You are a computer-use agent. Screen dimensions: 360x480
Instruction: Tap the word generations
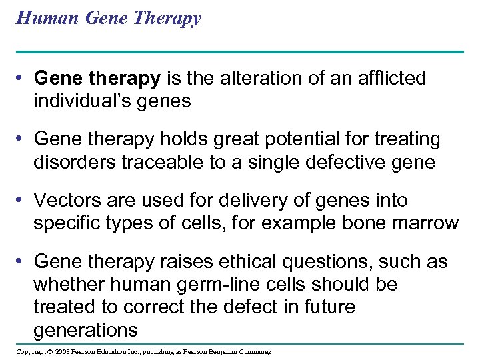pyautogui.click(x=85, y=330)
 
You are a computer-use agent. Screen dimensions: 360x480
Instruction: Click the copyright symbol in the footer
pyautogui.click(x=51, y=351)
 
